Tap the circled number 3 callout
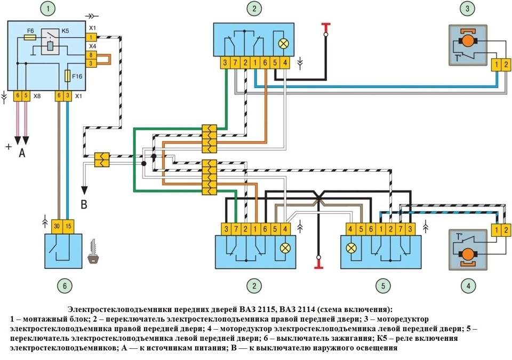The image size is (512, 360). pos(468,9)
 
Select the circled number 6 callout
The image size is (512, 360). pos(64,286)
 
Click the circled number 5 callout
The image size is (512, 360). pos(382,286)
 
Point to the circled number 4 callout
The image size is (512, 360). pos(468,286)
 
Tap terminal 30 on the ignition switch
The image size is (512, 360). pos(57,226)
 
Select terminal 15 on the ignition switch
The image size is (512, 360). pos(68,226)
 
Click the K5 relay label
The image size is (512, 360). pos(65,31)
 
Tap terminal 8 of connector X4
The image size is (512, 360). pos(92,54)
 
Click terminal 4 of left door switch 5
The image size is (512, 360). pos(350,229)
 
